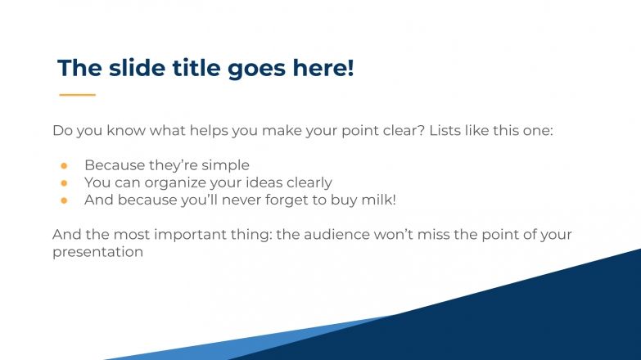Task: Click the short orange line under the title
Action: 78,95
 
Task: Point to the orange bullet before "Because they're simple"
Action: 63,165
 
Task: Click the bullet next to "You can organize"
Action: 63,182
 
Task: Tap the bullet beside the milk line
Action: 63,200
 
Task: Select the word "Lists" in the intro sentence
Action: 448,131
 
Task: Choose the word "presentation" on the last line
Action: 97,252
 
